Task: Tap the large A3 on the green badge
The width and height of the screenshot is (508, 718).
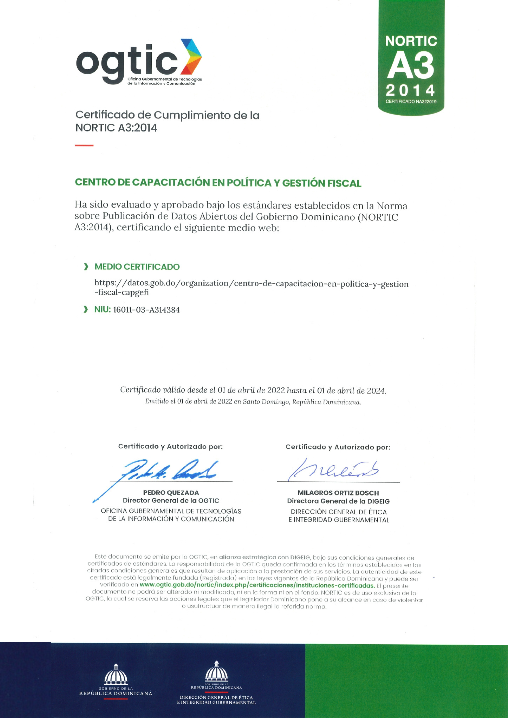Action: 411,66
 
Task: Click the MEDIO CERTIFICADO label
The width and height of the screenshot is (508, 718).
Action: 137,267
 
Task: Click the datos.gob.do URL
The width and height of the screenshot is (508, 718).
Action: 251,288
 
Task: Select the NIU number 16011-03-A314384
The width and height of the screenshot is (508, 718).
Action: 146,310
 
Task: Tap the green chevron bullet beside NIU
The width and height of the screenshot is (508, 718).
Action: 85,310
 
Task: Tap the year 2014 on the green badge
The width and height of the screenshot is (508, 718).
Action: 410,91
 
